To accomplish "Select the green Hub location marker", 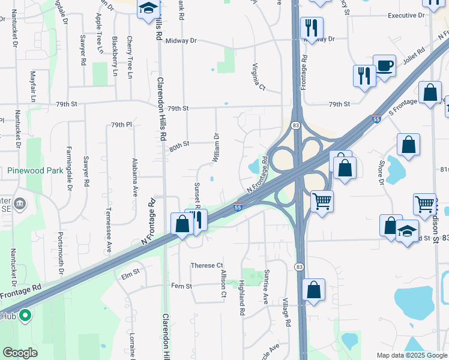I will pos(25,315).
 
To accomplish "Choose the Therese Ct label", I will pos(206,265).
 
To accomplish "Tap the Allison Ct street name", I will pos(223,283).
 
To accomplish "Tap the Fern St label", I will pos(181,286).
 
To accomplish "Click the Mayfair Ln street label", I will pos(33,86).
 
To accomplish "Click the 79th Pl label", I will pos(121,125).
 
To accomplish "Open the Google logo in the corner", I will pos(19,353).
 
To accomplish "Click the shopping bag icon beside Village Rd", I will pos(313,290).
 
